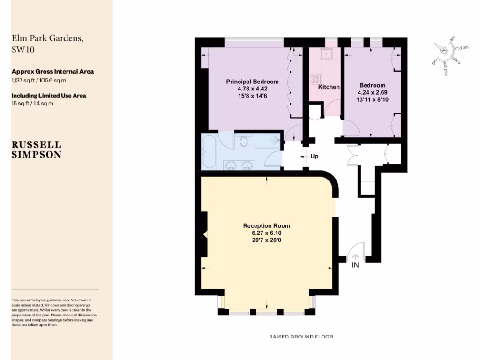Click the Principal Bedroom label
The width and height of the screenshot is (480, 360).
(252, 82)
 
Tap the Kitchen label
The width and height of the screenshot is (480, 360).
(329, 87)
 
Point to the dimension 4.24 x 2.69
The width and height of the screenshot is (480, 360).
(372, 92)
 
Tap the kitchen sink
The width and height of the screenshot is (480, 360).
(325, 54)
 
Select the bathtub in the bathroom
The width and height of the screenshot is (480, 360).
(209, 151)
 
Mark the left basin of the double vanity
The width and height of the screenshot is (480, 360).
(230, 165)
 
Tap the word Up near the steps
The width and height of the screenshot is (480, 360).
(315, 156)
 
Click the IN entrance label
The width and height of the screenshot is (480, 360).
(355, 265)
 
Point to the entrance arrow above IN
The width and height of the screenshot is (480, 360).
(355, 256)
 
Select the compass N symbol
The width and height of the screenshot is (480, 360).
(443, 49)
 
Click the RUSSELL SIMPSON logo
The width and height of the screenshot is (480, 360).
(37, 149)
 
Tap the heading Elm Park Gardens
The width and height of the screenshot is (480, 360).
(48, 39)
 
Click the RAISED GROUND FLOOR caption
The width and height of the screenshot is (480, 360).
(301, 337)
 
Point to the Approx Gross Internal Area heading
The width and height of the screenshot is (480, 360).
(52, 72)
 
